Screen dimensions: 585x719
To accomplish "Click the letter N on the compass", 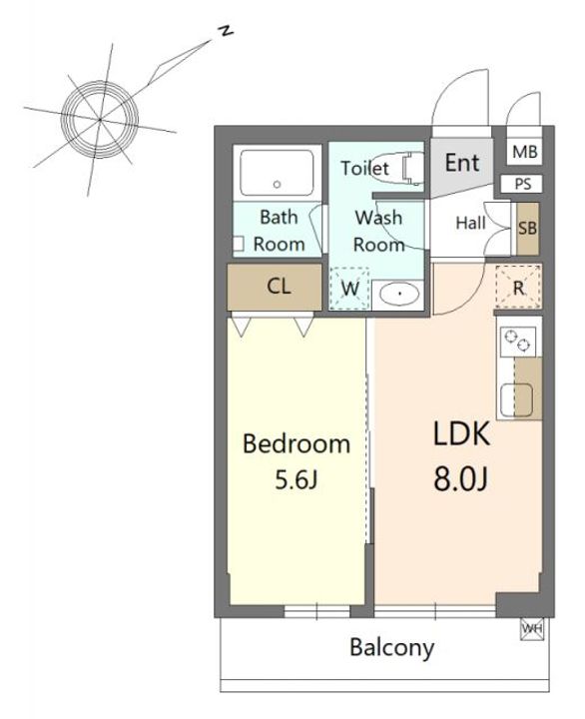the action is (226, 31).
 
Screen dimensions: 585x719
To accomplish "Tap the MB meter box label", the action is (525, 152).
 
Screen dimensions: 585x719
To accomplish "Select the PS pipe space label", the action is (523, 184).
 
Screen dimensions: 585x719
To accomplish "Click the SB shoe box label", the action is (528, 228).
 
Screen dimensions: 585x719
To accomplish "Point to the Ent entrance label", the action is (462, 163).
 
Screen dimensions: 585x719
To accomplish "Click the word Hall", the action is (471, 223).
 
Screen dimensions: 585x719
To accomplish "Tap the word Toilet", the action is (364, 168).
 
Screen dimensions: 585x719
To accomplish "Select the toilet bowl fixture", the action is (411, 169).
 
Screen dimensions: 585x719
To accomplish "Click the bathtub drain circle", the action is (277, 185).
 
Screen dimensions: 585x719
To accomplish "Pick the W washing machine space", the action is (349, 289).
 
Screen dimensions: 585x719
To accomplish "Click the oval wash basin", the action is (400, 294).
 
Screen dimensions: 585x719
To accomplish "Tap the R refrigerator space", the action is (518, 288).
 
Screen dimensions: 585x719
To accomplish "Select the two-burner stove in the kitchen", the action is (518, 342).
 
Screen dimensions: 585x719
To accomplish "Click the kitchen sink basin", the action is (516, 399).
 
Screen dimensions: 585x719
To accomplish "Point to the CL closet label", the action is (279, 287).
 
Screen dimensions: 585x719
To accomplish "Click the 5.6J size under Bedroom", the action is (296, 479).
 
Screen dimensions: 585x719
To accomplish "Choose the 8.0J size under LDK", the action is (461, 479).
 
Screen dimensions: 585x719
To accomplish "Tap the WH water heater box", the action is (532, 629).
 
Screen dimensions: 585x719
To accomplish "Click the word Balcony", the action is (392, 648).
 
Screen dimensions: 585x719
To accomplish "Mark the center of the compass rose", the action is (100, 120).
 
